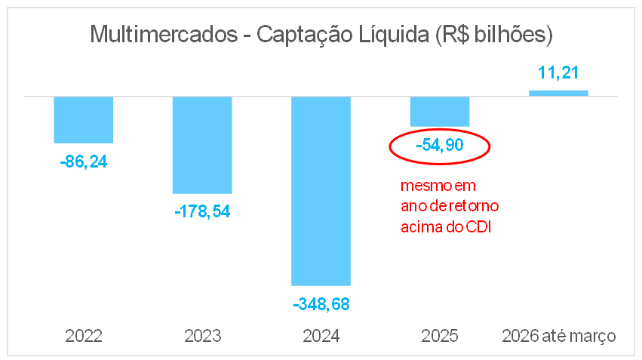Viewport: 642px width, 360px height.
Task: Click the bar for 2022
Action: [x=83, y=119]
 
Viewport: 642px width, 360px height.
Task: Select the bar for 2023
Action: [x=202, y=145]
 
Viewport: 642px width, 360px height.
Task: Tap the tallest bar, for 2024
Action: [x=321, y=191]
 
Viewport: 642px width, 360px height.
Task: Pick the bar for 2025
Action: [x=440, y=111]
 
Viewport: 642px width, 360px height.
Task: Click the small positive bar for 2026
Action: [x=559, y=93]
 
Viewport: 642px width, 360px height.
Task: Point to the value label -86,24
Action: [x=83, y=161]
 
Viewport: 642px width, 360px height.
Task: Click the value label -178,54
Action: [x=202, y=211]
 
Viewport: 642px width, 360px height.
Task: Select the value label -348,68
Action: [x=321, y=304]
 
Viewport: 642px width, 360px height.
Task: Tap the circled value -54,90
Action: [x=440, y=145]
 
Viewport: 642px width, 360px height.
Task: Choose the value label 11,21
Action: [x=559, y=72]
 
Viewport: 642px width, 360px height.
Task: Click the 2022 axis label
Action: [x=83, y=335]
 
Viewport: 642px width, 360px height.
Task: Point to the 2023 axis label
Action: [x=202, y=335]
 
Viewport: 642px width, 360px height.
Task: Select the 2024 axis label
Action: [x=321, y=335]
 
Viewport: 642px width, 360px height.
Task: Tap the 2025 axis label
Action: [x=440, y=335]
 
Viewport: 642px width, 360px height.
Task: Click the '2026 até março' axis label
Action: [x=559, y=335]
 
